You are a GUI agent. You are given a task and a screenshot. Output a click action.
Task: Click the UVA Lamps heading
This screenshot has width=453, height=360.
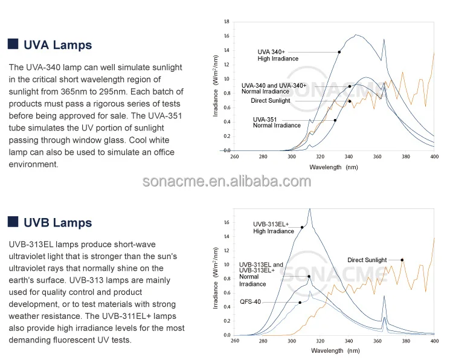[57, 45]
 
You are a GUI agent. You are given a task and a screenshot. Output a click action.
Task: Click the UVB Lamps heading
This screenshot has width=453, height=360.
[57, 223]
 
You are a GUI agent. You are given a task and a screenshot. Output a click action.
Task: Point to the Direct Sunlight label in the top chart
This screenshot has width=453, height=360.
[270, 101]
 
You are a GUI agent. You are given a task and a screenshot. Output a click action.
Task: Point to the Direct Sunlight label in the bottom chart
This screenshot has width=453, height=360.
[367, 260]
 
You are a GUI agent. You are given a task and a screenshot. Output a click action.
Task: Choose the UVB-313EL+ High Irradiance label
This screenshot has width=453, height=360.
[273, 228]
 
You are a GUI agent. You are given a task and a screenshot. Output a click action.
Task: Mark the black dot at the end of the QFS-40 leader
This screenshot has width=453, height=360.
[300, 303]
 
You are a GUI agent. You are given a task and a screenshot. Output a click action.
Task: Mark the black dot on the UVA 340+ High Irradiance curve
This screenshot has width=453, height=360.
[339, 53]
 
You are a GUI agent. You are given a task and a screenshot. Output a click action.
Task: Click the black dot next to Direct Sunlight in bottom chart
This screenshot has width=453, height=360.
[402, 260]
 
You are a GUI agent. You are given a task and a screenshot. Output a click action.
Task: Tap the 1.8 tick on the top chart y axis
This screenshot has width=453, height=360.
[226, 22]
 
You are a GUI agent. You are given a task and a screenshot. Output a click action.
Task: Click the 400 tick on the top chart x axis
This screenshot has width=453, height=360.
[434, 156]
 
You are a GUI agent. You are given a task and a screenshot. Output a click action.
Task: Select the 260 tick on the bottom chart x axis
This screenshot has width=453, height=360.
[235, 341]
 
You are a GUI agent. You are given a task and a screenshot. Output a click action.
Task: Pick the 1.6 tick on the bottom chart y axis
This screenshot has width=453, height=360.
[226, 222]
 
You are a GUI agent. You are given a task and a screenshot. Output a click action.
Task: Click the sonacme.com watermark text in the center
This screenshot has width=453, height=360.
[226, 182]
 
